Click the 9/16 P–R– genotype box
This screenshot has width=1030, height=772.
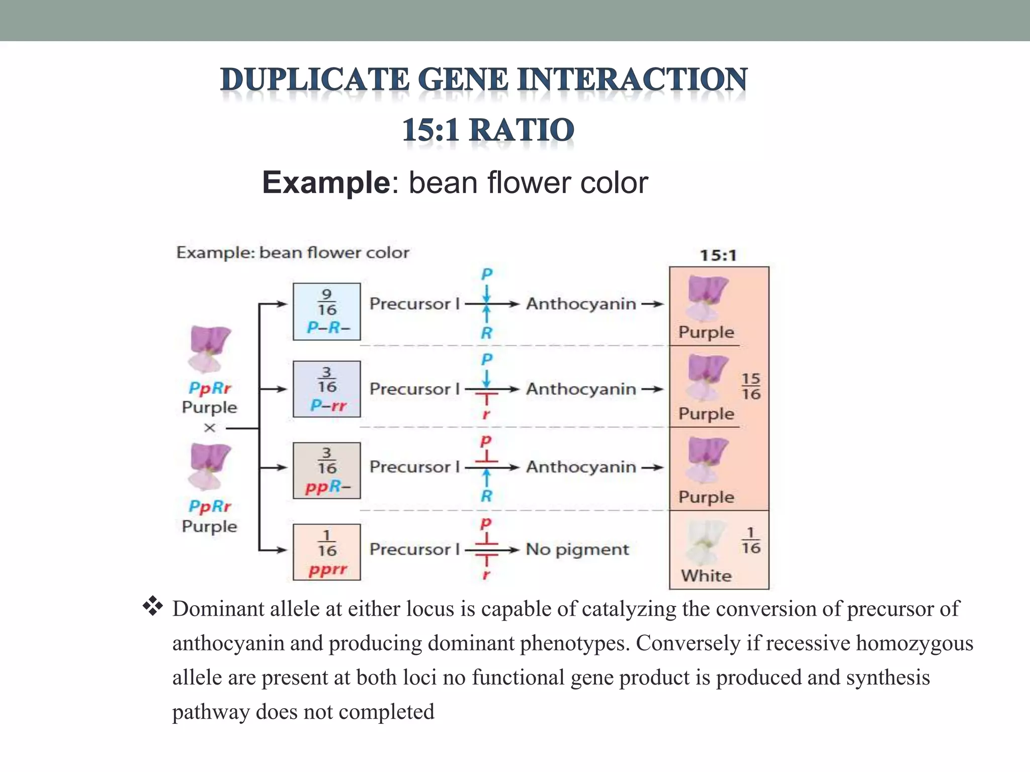click(327, 312)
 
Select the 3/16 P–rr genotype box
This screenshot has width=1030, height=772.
click(327, 389)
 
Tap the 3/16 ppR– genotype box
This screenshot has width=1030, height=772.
click(327, 470)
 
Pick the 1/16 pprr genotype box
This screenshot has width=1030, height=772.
click(327, 552)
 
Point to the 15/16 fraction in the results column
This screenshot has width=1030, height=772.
click(751, 386)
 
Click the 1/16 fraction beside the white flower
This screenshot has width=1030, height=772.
click(750, 540)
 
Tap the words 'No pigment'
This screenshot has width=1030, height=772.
click(577, 549)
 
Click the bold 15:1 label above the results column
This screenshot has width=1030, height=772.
click(718, 256)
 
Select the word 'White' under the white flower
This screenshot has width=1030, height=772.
click(706, 575)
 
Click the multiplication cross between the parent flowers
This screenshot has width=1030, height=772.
click(210, 428)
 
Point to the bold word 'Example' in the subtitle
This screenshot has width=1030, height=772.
click(326, 182)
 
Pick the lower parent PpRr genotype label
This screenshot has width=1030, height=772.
click(210, 506)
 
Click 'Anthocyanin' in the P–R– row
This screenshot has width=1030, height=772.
click(581, 304)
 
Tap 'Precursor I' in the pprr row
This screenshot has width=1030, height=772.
click(414, 549)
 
